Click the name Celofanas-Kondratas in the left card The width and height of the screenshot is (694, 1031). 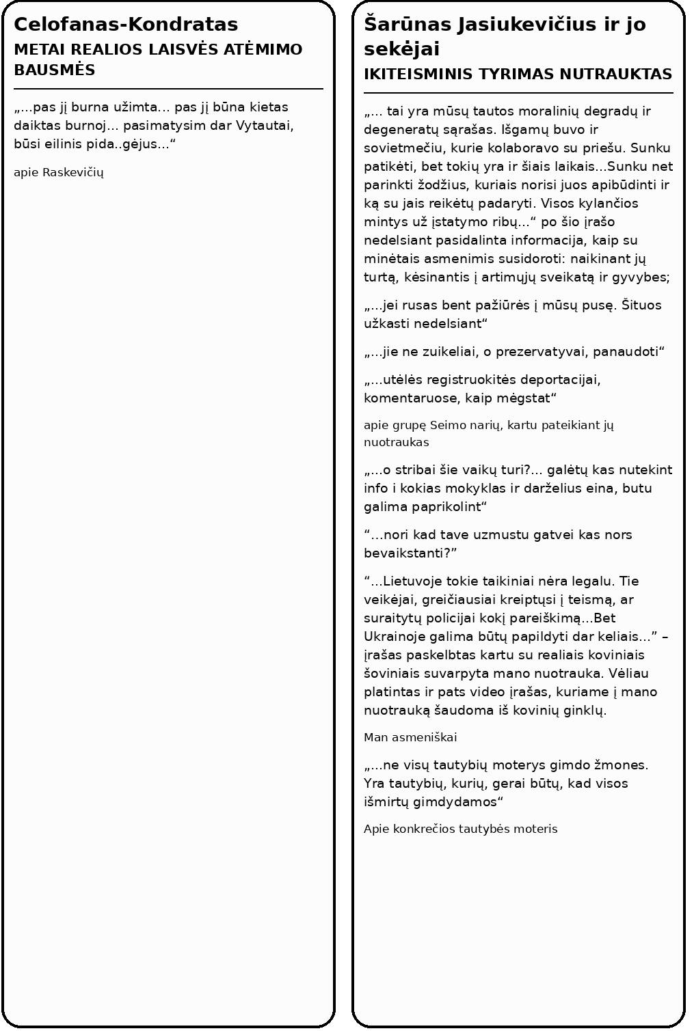point(126,25)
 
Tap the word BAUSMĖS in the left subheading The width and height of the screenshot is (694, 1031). point(55,70)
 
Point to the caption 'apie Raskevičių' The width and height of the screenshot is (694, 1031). point(59,172)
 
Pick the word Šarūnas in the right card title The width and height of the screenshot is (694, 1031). point(408,25)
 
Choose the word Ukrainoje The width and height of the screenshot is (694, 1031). point(394,637)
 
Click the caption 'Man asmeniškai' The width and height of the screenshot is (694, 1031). point(410,737)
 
